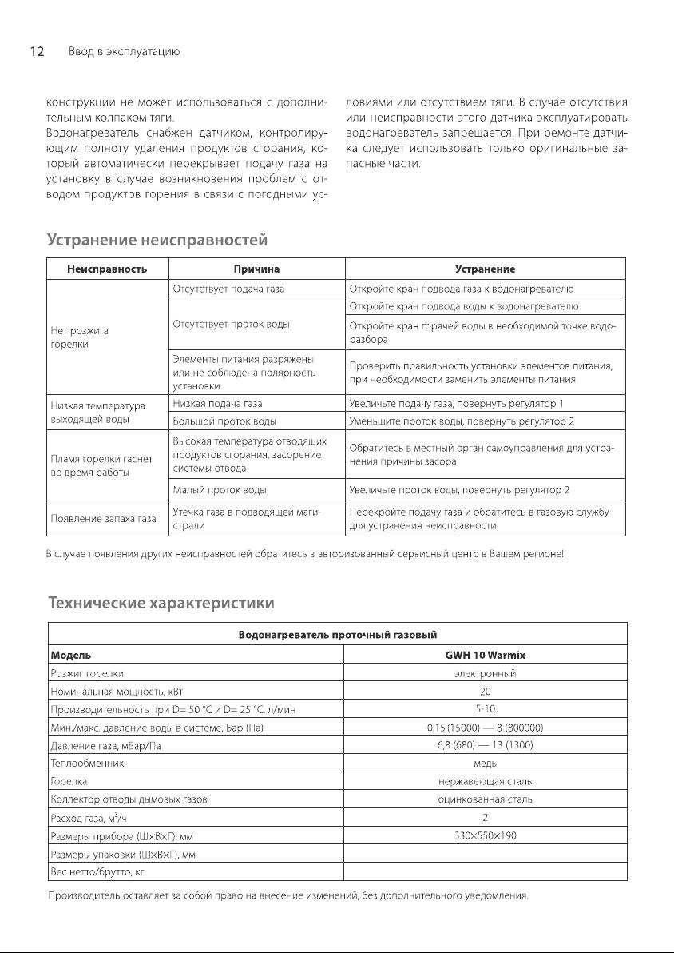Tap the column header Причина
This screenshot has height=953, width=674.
click(256, 269)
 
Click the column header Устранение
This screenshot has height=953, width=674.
click(485, 269)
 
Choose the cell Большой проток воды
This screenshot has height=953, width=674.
click(224, 420)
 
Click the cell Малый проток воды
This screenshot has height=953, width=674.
click(220, 489)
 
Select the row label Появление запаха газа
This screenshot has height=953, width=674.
click(102, 519)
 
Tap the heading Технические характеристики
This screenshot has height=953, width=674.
click(161, 601)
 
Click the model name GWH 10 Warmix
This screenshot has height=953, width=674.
click(485, 655)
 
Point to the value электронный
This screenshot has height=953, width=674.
click(485, 674)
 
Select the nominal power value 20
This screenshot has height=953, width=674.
click(485, 692)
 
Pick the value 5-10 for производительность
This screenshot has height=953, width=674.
click(485, 709)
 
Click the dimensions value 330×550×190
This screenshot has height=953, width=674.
click(485, 835)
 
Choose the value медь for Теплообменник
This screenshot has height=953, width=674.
click(485, 763)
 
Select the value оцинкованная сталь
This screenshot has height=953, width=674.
click(485, 799)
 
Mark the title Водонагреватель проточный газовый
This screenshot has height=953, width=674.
click(338, 635)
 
